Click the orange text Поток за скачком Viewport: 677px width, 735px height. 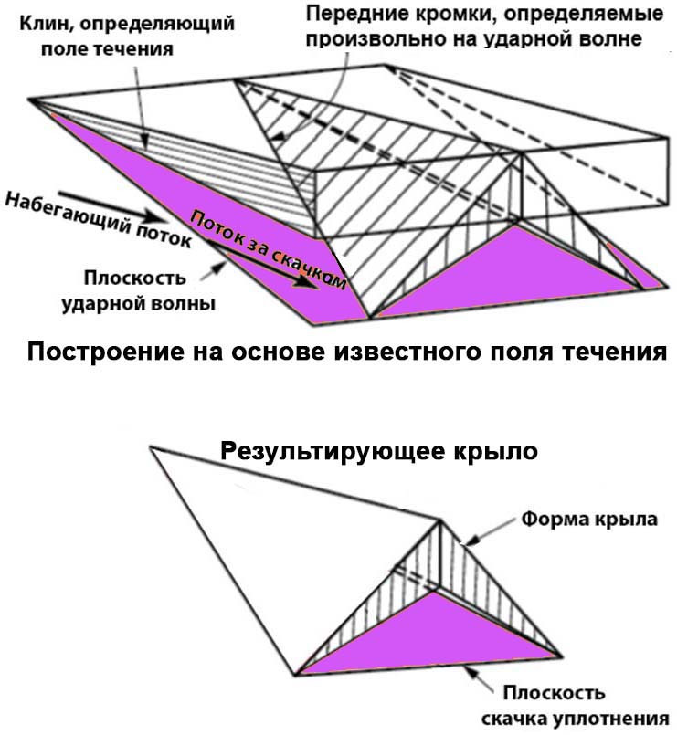coord(269,249)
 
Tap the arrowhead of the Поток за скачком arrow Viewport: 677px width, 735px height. coord(306,282)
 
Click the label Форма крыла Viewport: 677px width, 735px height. coord(589,519)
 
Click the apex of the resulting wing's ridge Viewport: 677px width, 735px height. coord(440,520)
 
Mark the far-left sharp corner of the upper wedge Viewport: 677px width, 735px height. coord(29,100)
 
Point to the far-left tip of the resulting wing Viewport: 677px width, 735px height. coord(151,448)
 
